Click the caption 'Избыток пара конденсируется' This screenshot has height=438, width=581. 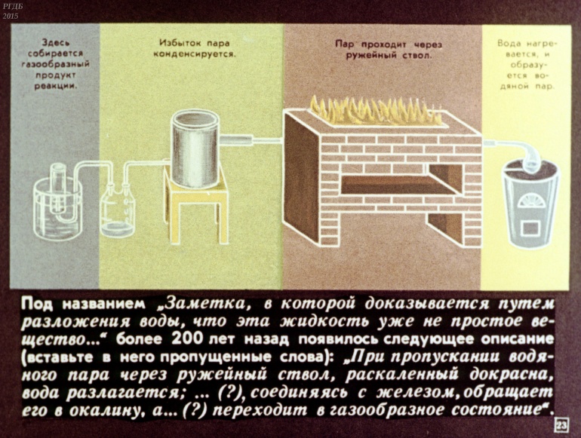tap(195, 48)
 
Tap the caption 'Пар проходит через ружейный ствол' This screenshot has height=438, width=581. tap(389, 50)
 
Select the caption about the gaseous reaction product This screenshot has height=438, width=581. tap(55, 64)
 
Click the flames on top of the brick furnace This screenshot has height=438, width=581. tap(376, 109)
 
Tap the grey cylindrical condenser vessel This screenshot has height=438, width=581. tap(195, 148)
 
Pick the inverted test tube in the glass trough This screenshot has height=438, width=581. tap(59, 188)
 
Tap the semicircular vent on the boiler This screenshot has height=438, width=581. tap(530, 201)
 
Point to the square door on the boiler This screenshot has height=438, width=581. tap(530, 228)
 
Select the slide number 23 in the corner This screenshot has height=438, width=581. tap(561, 425)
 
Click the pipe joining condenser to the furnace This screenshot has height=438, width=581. tap(252, 140)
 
